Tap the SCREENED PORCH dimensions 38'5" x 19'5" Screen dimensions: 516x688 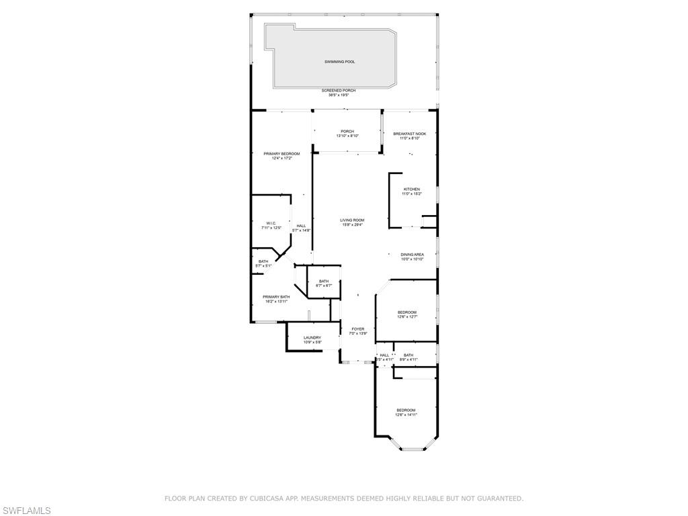click(338, 95)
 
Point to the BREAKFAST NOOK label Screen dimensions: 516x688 click(409, 134)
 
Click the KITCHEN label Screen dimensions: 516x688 click(412, 189)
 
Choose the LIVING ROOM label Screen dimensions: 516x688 click(351, 220)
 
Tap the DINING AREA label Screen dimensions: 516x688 click(412, 255)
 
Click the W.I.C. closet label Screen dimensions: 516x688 click(271, 223)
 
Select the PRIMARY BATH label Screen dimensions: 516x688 click(276, 297)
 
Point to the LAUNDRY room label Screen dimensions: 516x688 click(312, 338)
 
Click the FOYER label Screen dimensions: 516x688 click(357, 329)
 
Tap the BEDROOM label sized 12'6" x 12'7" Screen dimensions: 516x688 click(407, 312)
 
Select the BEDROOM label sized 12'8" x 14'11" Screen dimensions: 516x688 click(406, 411)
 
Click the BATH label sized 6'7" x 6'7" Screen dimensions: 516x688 click(324, 282)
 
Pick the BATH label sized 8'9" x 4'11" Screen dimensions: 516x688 click(408, 355)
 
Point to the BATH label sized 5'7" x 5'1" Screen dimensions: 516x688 click(263, 261)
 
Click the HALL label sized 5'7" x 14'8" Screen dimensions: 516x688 click(301, 226)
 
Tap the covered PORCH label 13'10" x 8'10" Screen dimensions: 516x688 click(347, 132)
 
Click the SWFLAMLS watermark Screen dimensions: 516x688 click(26, 511)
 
